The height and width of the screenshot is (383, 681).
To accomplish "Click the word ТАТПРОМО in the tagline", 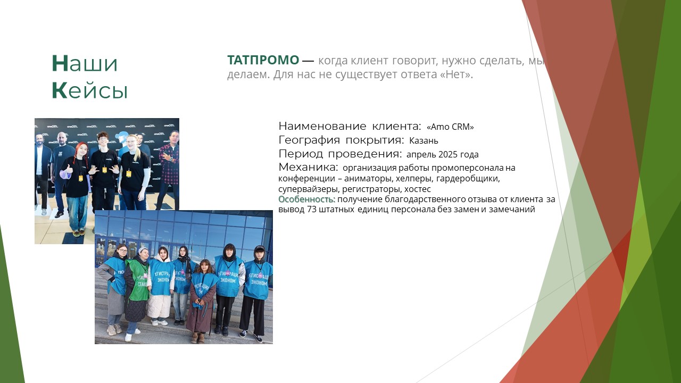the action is (x=263, y=60).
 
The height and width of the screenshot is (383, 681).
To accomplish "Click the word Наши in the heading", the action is (x=85, y=63).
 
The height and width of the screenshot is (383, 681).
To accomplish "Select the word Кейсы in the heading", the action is (x=90, y=90).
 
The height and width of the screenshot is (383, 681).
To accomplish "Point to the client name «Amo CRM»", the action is (x=450, y=127).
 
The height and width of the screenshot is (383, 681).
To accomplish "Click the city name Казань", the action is (x=423, y=141).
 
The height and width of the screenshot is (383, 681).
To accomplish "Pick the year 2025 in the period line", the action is (x=448, y=154).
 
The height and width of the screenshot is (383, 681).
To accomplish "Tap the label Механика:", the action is (x=308, y=167).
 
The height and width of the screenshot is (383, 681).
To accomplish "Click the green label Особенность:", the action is (x=307, y=199).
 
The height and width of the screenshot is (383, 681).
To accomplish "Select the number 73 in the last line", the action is (x=312, y=210).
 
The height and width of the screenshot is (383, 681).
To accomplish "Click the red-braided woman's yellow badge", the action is (x=80, y=178).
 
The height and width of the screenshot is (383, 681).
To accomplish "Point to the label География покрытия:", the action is (x=342, y=140).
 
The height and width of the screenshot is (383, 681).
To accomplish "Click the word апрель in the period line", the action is (x=421, y=155).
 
